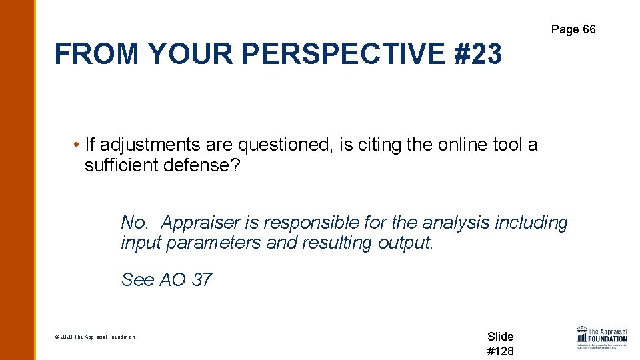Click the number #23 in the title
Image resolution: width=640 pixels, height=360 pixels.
click(x=479, y=54)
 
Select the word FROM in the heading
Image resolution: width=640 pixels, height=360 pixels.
click(x=97, y=54)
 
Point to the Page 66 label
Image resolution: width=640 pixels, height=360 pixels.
click(x=573, y=29)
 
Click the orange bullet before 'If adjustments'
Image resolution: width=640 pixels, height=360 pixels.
click(x=77, y=145)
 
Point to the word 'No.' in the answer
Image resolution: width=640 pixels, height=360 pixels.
click(x=136, y=223)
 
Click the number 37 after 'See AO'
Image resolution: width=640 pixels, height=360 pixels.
click(x=201, y=280)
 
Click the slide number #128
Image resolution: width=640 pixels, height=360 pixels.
click(x=501, y=351)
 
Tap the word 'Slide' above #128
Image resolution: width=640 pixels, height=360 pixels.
click(x=501, y=337)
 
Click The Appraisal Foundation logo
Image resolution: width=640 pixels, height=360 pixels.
click(x=601, y=337)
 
